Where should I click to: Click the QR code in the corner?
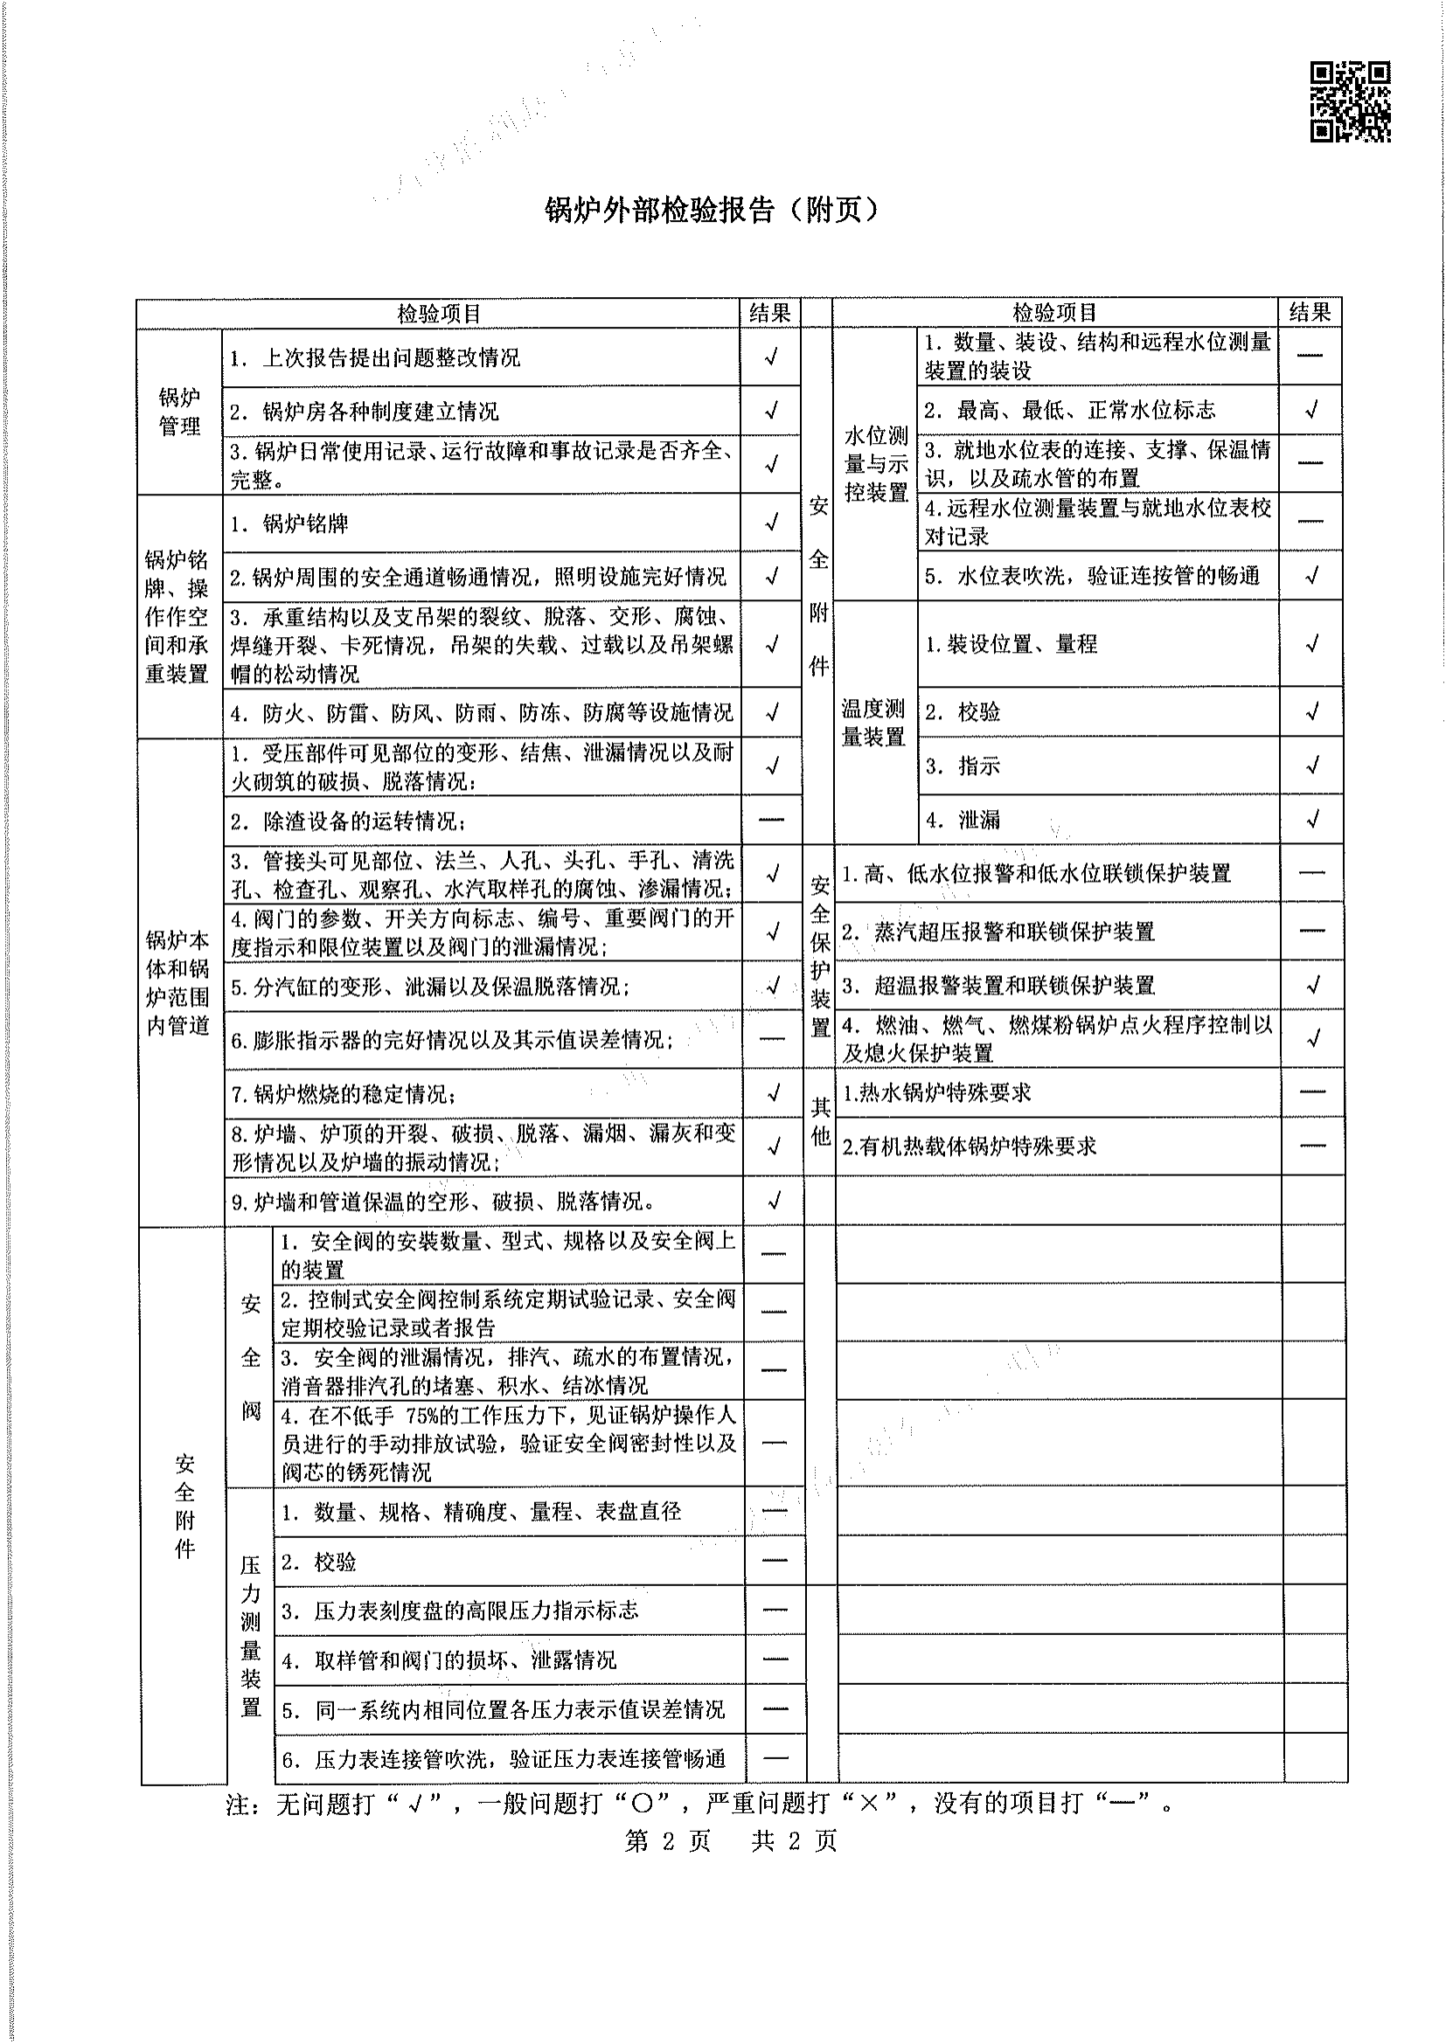tap(1349, 101)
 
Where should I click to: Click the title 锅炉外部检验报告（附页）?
tap(712, 210)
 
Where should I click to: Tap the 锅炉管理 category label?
tap(179, 412)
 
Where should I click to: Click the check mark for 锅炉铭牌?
tap(771, 523)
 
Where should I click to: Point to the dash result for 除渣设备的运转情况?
tap(771, 819)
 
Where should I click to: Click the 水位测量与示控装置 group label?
tap(875, 464)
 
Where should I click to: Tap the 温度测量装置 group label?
tap(873, 722)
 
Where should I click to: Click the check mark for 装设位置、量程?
tap(1311, 644)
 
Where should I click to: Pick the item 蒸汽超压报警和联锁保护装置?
tap(1013, 932)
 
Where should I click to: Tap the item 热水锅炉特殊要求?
tap(936, 1092)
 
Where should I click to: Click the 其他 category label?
tap(820, 1120)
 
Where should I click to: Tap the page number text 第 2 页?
tap(668, 1840)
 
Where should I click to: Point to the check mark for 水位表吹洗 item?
tap(1311, 576)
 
